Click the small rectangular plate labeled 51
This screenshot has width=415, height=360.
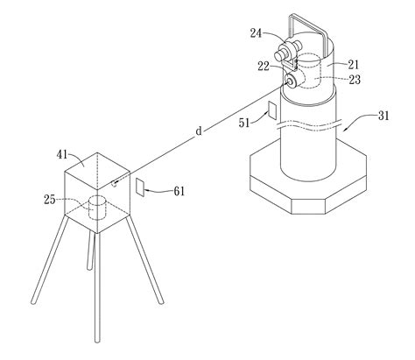[x=271, y=111]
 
